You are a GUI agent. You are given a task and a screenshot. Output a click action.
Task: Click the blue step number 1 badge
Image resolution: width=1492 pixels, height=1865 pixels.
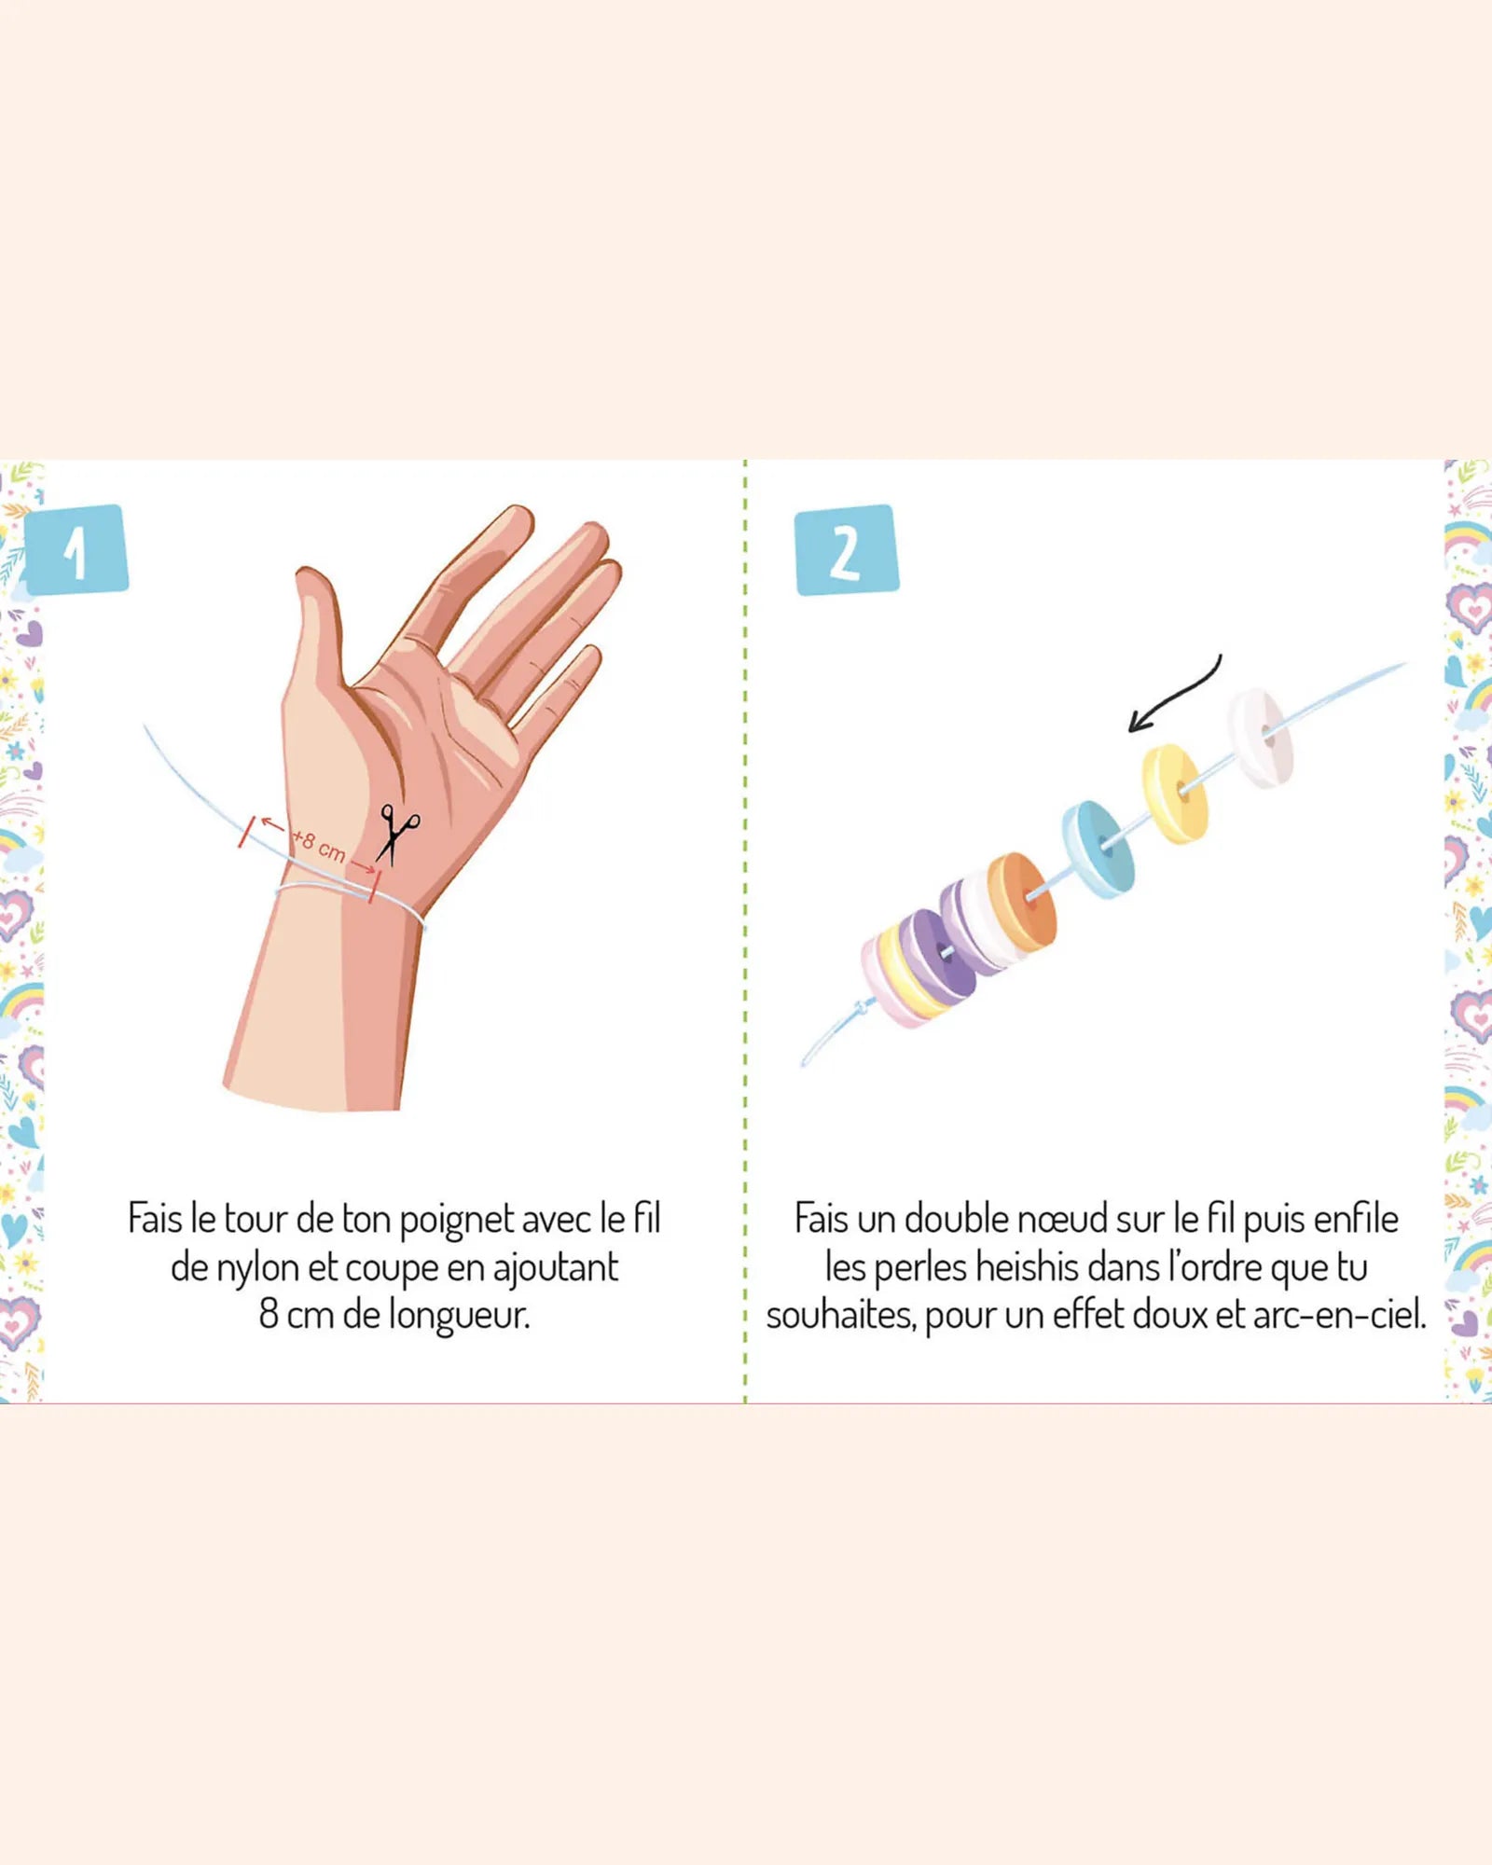tap(76, 550)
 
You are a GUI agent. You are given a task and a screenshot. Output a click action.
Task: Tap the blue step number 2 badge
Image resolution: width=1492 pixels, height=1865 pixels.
tap(847, 550)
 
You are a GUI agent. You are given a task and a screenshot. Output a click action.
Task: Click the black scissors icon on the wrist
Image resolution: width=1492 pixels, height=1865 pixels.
tap(397, 834)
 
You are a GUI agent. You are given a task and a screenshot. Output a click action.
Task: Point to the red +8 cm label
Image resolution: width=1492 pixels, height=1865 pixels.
tap(320, 847)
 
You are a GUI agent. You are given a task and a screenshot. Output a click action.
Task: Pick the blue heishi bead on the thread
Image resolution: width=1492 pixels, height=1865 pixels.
tap(1100, 850)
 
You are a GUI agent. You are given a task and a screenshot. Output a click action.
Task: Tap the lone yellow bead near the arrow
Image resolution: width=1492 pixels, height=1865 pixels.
tap(1176, 793)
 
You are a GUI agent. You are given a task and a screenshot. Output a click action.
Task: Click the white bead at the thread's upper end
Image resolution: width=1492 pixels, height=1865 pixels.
tap(1261, 738)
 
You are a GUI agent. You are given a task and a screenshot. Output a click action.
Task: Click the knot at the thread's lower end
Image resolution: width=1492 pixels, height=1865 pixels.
tap(863, 1008)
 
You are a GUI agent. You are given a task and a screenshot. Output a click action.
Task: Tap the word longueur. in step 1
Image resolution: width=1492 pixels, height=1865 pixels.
tap(459, 1316)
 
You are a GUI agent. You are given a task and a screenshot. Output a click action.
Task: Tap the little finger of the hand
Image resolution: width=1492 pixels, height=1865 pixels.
tap(559, 685)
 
